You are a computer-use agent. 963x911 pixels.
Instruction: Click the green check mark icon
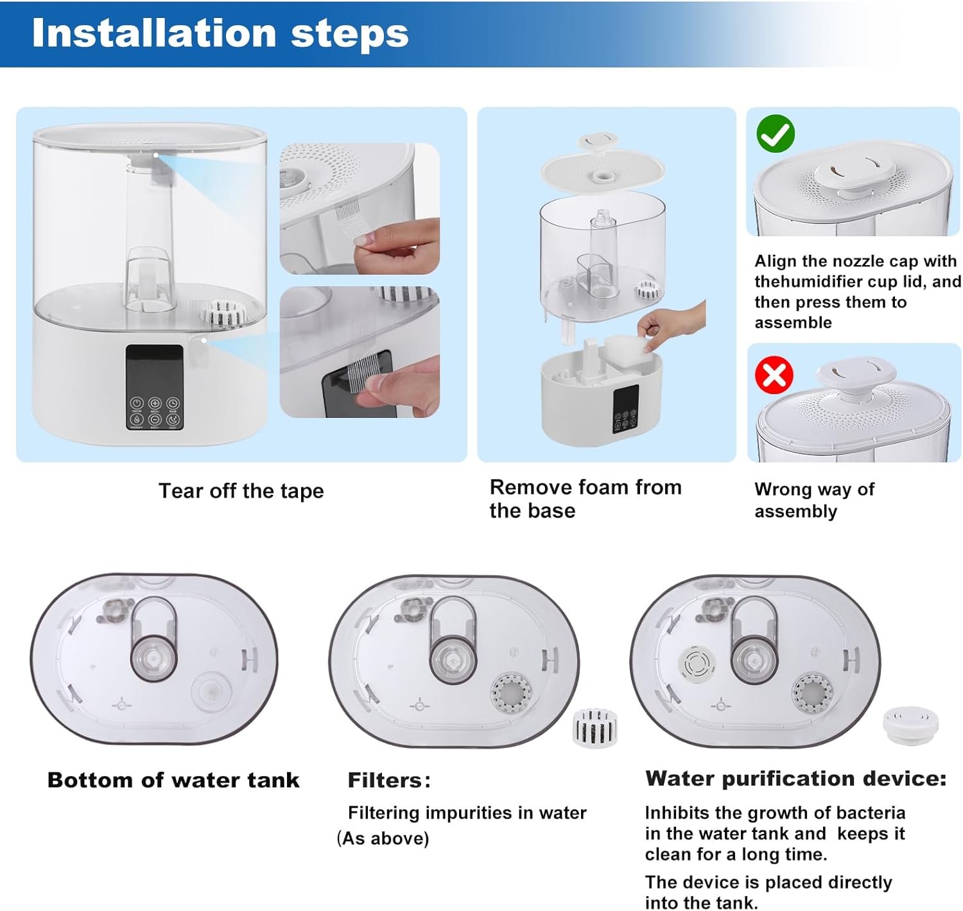coord(776,134)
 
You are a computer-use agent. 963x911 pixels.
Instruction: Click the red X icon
coord(774,375)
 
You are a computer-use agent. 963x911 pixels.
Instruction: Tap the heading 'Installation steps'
coord(220,33)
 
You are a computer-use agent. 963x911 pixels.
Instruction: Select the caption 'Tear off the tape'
coord(241,490)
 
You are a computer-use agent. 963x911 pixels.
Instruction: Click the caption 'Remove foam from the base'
coord(586,499)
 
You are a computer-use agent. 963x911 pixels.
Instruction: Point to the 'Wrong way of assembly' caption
coord(814,499)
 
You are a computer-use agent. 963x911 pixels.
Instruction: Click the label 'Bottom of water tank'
coord(173,780)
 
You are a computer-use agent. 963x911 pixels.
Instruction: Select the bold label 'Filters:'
coord(389,780)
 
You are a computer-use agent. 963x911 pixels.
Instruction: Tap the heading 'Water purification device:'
coord(795,778)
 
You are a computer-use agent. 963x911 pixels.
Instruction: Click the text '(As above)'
coord(383,838)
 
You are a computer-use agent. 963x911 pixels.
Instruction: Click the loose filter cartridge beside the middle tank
coord(594,727)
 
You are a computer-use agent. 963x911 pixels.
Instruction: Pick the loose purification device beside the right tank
coord(910,725)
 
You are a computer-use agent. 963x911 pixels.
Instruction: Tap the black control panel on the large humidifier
coord(154,387)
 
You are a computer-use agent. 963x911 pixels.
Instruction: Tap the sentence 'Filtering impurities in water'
coord(467,813)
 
